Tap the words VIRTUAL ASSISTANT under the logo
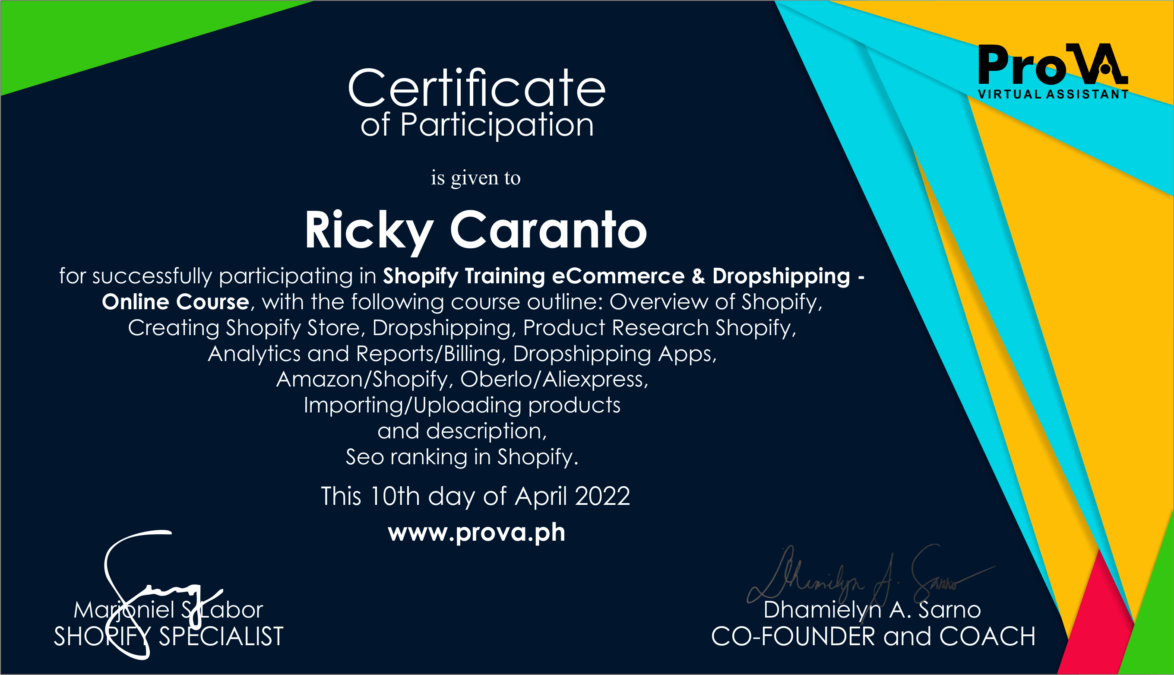pyautogui.click(x=1053, y=94)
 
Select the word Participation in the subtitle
pyautogui.click(x=497, y=125)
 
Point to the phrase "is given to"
pyautogui.click(x=475, y=177)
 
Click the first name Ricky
pyautogui.click(x=369, y=231)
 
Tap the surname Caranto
pyautogui.click(x=548, y=231)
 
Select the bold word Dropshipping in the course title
pyautogui.click(x=781, y=276)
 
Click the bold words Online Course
pyautogui.click(x=176, y=302)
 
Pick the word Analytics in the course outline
pyautogui.click(x=254, y=353)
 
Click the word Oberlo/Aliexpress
pyautogui.click(x=554, y=379)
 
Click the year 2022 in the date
pyautogui.click(x=602, y=497)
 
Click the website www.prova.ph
pyautogui.click(x=476, y=532)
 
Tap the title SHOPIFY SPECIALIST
pyautogui.click(x=168, y=637)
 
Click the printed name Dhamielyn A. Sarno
pyautogui.click(x=872, y=610)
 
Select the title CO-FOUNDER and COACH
pyautogui.click(x=873, y=637)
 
